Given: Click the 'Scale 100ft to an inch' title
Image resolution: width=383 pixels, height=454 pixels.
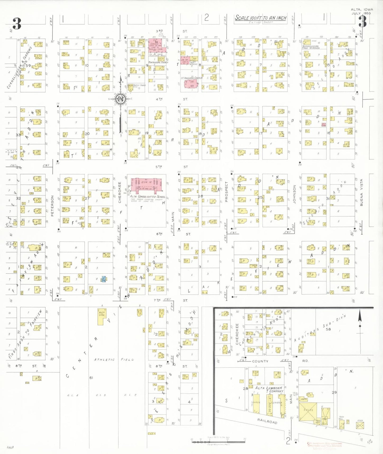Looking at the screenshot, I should (261, 18).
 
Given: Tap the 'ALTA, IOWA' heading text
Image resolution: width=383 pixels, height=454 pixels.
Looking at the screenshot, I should (362, 10).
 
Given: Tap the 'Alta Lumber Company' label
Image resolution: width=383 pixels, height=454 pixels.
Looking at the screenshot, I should (269, 389).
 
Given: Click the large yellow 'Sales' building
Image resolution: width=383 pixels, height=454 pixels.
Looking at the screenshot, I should (308, 411).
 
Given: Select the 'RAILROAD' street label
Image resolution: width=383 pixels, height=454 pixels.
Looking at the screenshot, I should (267, 421).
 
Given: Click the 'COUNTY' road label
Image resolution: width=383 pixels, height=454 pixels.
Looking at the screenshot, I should (260, 361).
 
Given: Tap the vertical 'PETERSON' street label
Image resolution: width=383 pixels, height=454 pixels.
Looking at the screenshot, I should (52, 206).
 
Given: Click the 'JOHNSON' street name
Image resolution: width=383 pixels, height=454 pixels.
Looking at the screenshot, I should (294, 194).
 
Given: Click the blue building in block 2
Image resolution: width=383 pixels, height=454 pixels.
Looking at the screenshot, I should (104, 279).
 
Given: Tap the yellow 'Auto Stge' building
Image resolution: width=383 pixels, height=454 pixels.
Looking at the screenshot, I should (102, 316).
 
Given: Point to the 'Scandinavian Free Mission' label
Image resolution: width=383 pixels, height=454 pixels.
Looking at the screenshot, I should (311, 47).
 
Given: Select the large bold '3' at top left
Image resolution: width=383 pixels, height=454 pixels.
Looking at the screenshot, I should (17, 24).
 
